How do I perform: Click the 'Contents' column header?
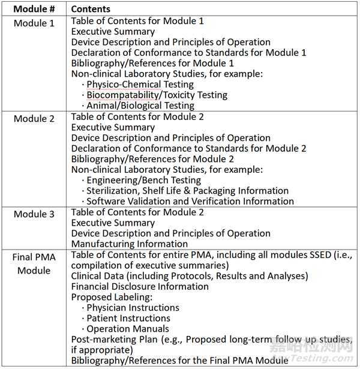pyautogui.click(x=91, y=9)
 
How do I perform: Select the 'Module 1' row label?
pyautogui.click(x=34, y=23)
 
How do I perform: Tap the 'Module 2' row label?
pyautogui.click(x=34, y=118)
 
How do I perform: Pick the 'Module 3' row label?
pyautogui.click(x=34, y=214)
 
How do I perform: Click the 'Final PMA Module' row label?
pyautogui.click(x=34, y=264)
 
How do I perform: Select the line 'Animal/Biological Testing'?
pyautogui.click(x=140, y=106)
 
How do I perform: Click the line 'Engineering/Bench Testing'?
pyautogui.click(x=144, y=180)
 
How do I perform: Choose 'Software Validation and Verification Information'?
pyautogui.click(x=190, y=202)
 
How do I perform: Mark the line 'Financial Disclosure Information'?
pyautogui.click(x=140, y=286)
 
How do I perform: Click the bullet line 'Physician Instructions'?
pyautogui.click(x=133, y=308)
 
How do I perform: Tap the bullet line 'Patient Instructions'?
pyautogui.click(x=128, y=319)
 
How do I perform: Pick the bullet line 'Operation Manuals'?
pyautogui.click(x=128, y=329)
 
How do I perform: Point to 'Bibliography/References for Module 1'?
pyautogui.click(x=152, y=63)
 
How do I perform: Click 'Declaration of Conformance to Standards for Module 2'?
pyautogui.click(x=189, y=148)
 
